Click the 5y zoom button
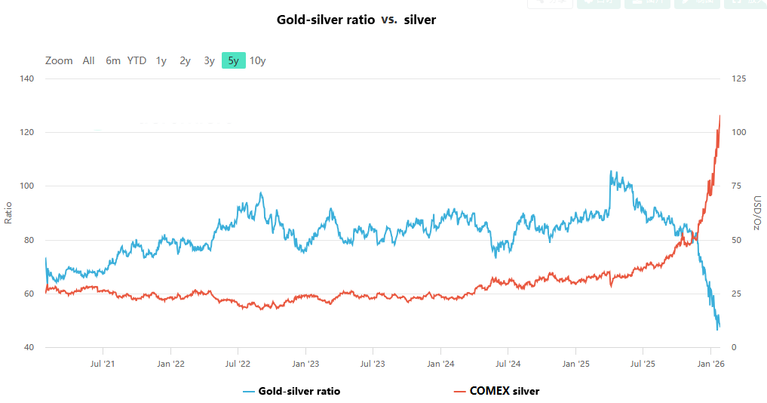(x=233, y=61)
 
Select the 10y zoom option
(x=258, y=61)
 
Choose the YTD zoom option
(x=137, y=61)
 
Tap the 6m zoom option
(x=113, y=61)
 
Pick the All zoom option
(x=89, y=61)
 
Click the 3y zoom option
(x=209, y=61)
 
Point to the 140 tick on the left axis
(x=26, y=78)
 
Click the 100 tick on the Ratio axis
(x=26, y=186)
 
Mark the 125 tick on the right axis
(x=740, y=78)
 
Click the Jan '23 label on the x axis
(x=305, y=364)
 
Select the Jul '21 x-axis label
(x=103, y=364)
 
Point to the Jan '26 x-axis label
(x=711, y=364)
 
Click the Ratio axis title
(x=9, y=213)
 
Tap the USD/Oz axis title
(x=756, y=213)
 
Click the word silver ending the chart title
(x=419, y=20)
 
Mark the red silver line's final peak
(x=720, y=115)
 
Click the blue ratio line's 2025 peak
(x=610, y=171)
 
